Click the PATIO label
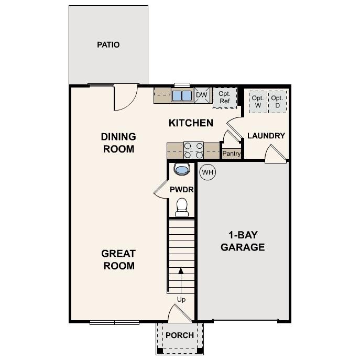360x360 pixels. pyautogui.click(x=108, y=45)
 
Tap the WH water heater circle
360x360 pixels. pyautogui.click(x=208, y=172)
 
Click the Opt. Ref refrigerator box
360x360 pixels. pyautogui.click(x=224, y=97)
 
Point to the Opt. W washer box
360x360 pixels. pyautogui.click(x=257, y=101)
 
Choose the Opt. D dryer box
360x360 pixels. pyautogui.click(x=277, y=101)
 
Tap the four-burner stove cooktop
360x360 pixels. pyautogui.click(x=193, y=150)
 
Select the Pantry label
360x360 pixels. pyautogui.click(x=231, y=154)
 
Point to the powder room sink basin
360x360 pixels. pyautogui.click(x=181, y=170)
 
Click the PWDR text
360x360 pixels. pyautogui.click(x=181, y=190)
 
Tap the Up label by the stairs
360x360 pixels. pyautogui.click(x=181, y=300)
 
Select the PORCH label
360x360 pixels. pyautogui.click(x=180, y=335)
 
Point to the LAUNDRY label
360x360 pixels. pyautogui.click(x=266, y=136)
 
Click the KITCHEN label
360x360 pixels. pyautogui.click(x=191, y=123)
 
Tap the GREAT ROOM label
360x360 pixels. pyautogui.click(x=118, y=259)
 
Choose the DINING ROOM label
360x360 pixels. pyautogui.click(x=118, y=143)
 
